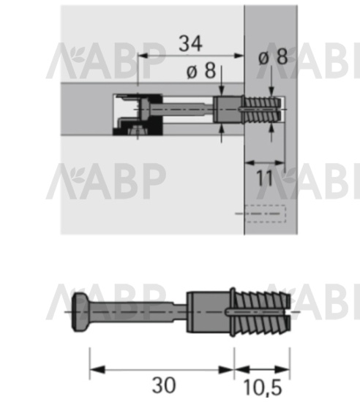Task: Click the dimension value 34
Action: (x=190, y=44)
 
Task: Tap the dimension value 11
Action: (x=265, y=178)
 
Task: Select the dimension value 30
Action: (x=164, y=385)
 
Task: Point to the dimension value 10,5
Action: (x=262, y=387)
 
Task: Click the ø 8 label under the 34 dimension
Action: (x=201, y=71)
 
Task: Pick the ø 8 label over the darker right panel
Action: (x=273, y=57)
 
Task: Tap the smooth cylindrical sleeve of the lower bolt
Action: (x=208, y=311)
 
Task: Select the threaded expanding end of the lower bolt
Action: (x=263, y=312)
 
